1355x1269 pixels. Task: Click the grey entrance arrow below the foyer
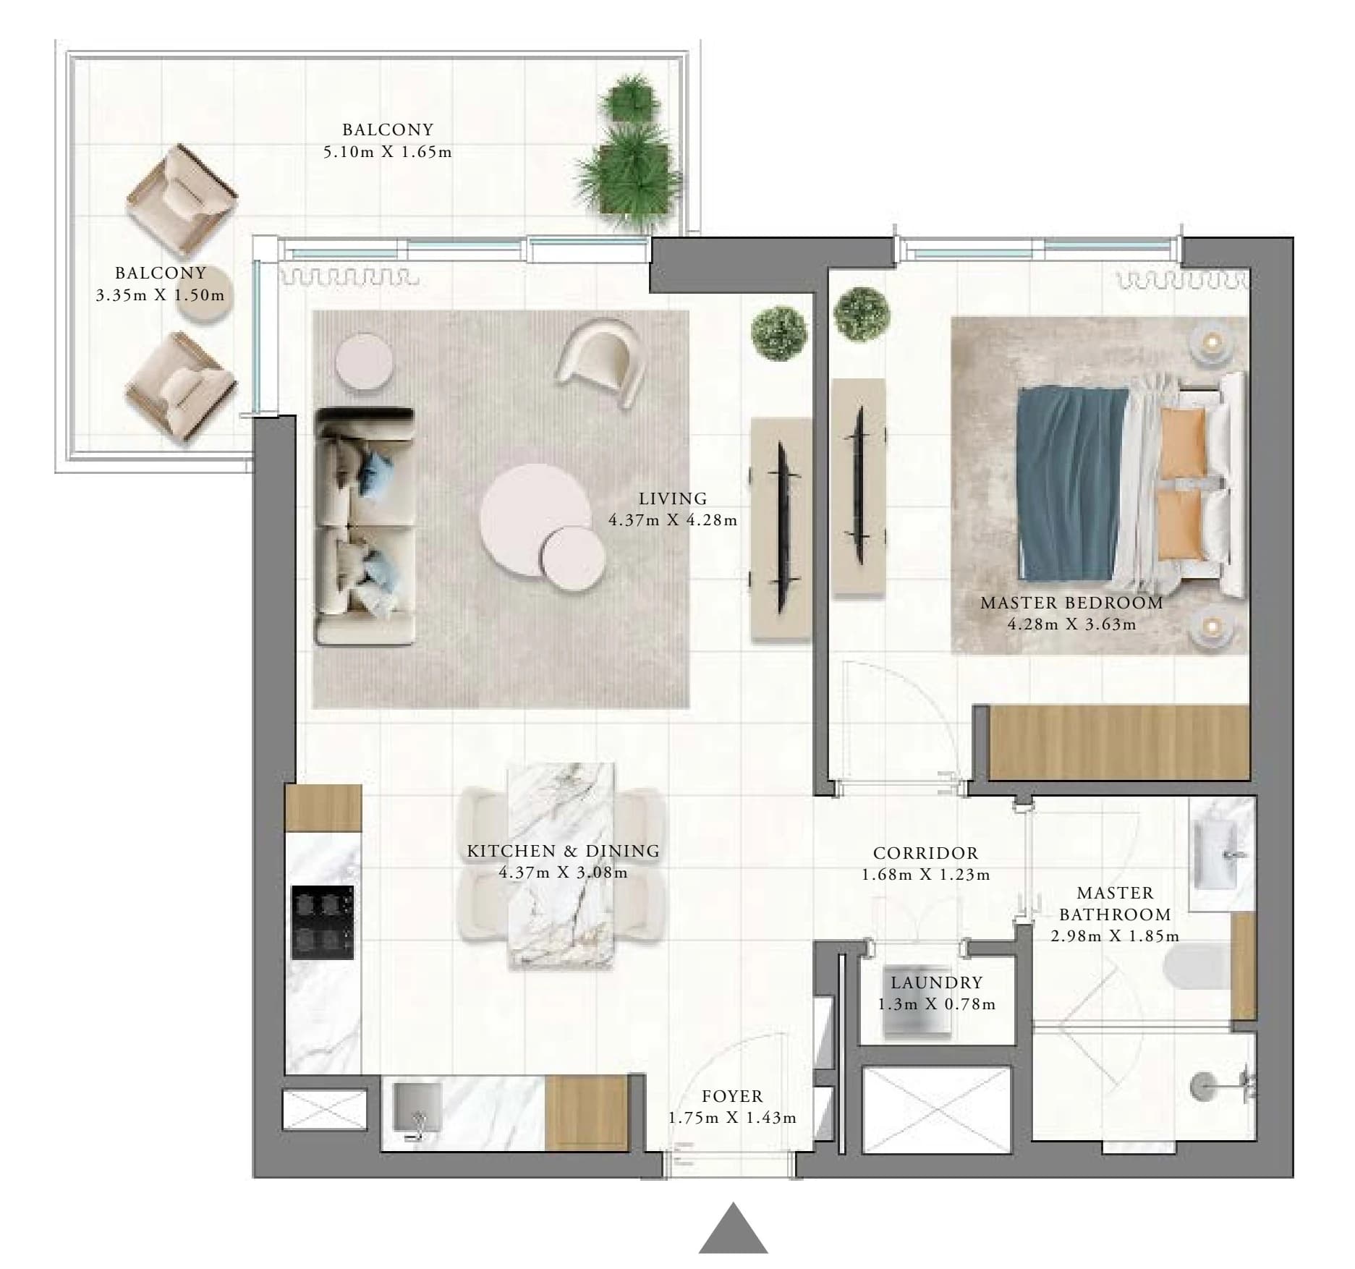(733, 1231)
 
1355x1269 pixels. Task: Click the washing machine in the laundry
(917, 1002)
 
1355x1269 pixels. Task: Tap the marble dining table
(561, 865)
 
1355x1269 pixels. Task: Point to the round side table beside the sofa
(365, 362)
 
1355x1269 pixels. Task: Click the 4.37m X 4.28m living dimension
(673, 520)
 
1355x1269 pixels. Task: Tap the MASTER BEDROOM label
(1071, 603)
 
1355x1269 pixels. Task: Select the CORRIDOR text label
(925, 854)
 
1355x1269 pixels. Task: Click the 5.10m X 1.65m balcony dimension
(388, 152)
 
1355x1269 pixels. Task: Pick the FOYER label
(732, 1097)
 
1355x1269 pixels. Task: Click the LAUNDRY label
(937, 982)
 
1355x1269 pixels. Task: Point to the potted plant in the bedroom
(861, 315)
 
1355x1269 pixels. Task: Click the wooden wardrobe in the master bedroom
(1119, 742)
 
